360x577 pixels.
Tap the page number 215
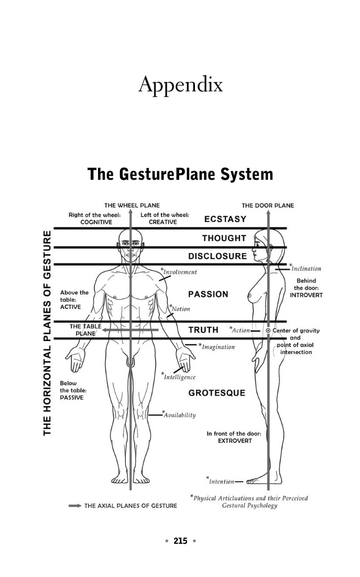coord(180,540)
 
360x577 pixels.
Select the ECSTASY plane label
coord(225,219)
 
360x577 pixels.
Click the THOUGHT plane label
coord(224,238)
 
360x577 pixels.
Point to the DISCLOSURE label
coord(217,256)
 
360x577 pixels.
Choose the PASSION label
coord(208,294)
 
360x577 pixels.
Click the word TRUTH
coord(203,330)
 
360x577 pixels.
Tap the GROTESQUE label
coord(217,393)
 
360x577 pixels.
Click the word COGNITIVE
coord(96,222)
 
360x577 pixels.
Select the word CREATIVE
coord(163,222)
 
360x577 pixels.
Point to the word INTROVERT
coord(306,295)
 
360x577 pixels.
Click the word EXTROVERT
coord(235,441)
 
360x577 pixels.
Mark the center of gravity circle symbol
coord(268,330)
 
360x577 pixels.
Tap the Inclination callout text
coord(305,268)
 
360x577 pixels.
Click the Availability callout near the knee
coord(179,415)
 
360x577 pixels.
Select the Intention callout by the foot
coord(220,481)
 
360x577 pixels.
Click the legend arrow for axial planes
coord(75,505)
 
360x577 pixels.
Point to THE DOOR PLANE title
coord(268,205)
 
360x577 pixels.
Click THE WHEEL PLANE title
coord(132,205)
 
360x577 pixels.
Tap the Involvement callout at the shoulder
coord(179,272)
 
